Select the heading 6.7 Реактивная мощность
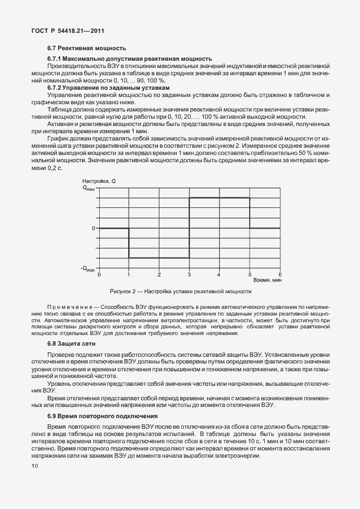point(86,49)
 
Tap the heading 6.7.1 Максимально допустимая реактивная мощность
point(129,59)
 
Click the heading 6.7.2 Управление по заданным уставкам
point(108,88)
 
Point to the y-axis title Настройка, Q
point(99,181)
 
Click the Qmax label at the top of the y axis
point(89,188)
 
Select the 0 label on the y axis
point(94,228)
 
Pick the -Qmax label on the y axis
point(87,269)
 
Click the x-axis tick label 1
point(129,275)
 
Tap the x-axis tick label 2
point(159,275)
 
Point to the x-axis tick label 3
point(189,275)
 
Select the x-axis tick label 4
point(220,275)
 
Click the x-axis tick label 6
point(280,275)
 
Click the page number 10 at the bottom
point(35,466)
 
